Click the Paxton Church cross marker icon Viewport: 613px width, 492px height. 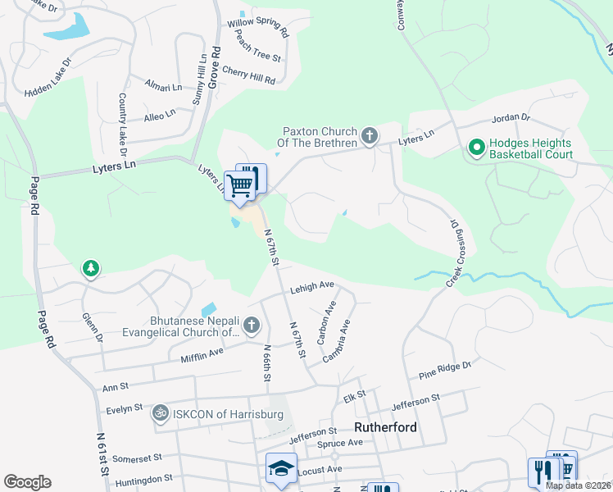coord(370,136)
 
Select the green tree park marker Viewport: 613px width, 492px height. coord(90,268)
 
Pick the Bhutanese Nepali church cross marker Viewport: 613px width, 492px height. coord(252,327)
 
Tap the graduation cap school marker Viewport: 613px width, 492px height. coord(280,468)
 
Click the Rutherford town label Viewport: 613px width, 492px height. coord(385,427)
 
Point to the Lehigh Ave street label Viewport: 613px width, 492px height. coord(312,287)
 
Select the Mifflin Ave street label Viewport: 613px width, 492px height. coord(202,353)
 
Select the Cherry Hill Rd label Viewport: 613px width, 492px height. coord(248,75)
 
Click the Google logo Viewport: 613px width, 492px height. coord(27,482)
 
